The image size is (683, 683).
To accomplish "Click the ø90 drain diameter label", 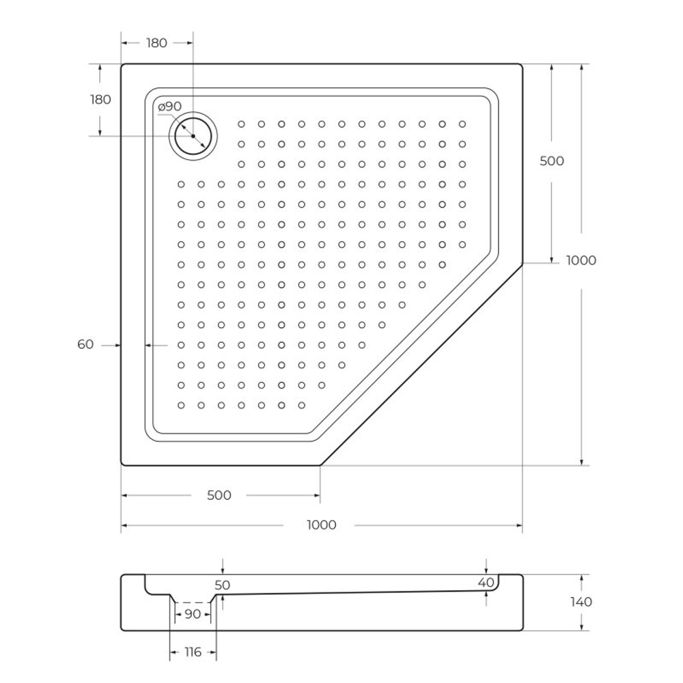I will click(169, 107).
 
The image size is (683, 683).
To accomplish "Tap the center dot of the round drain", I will click(193, 136).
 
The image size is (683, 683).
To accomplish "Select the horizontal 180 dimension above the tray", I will click(156, 43).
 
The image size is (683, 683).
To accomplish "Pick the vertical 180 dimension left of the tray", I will click(100, 100).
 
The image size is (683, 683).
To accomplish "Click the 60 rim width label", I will click(85, 345).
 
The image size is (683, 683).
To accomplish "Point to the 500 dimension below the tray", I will click(219, 495).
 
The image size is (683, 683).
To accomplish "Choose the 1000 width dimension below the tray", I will click(321, 525).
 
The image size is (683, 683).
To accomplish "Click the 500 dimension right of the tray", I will click(551, 161).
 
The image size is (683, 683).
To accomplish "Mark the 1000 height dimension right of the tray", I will click(581, 260).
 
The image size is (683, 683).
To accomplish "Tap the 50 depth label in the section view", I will click(222, 585).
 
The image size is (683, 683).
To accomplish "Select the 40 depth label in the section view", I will click(486, 583).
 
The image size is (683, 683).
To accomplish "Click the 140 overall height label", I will click(581, 602).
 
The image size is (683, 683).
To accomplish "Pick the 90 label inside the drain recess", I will click(193, 614).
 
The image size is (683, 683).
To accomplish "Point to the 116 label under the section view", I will click(193, 652).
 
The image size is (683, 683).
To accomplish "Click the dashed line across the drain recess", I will click(193, 602).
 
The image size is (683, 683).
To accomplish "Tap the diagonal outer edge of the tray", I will click(421, 364).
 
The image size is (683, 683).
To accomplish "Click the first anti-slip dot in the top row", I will click(241, 124).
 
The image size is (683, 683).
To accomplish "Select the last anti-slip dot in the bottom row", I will click(301, 405).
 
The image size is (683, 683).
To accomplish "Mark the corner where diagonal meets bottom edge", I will click(320, 465).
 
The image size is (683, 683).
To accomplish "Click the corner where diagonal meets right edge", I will click(522, 263).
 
